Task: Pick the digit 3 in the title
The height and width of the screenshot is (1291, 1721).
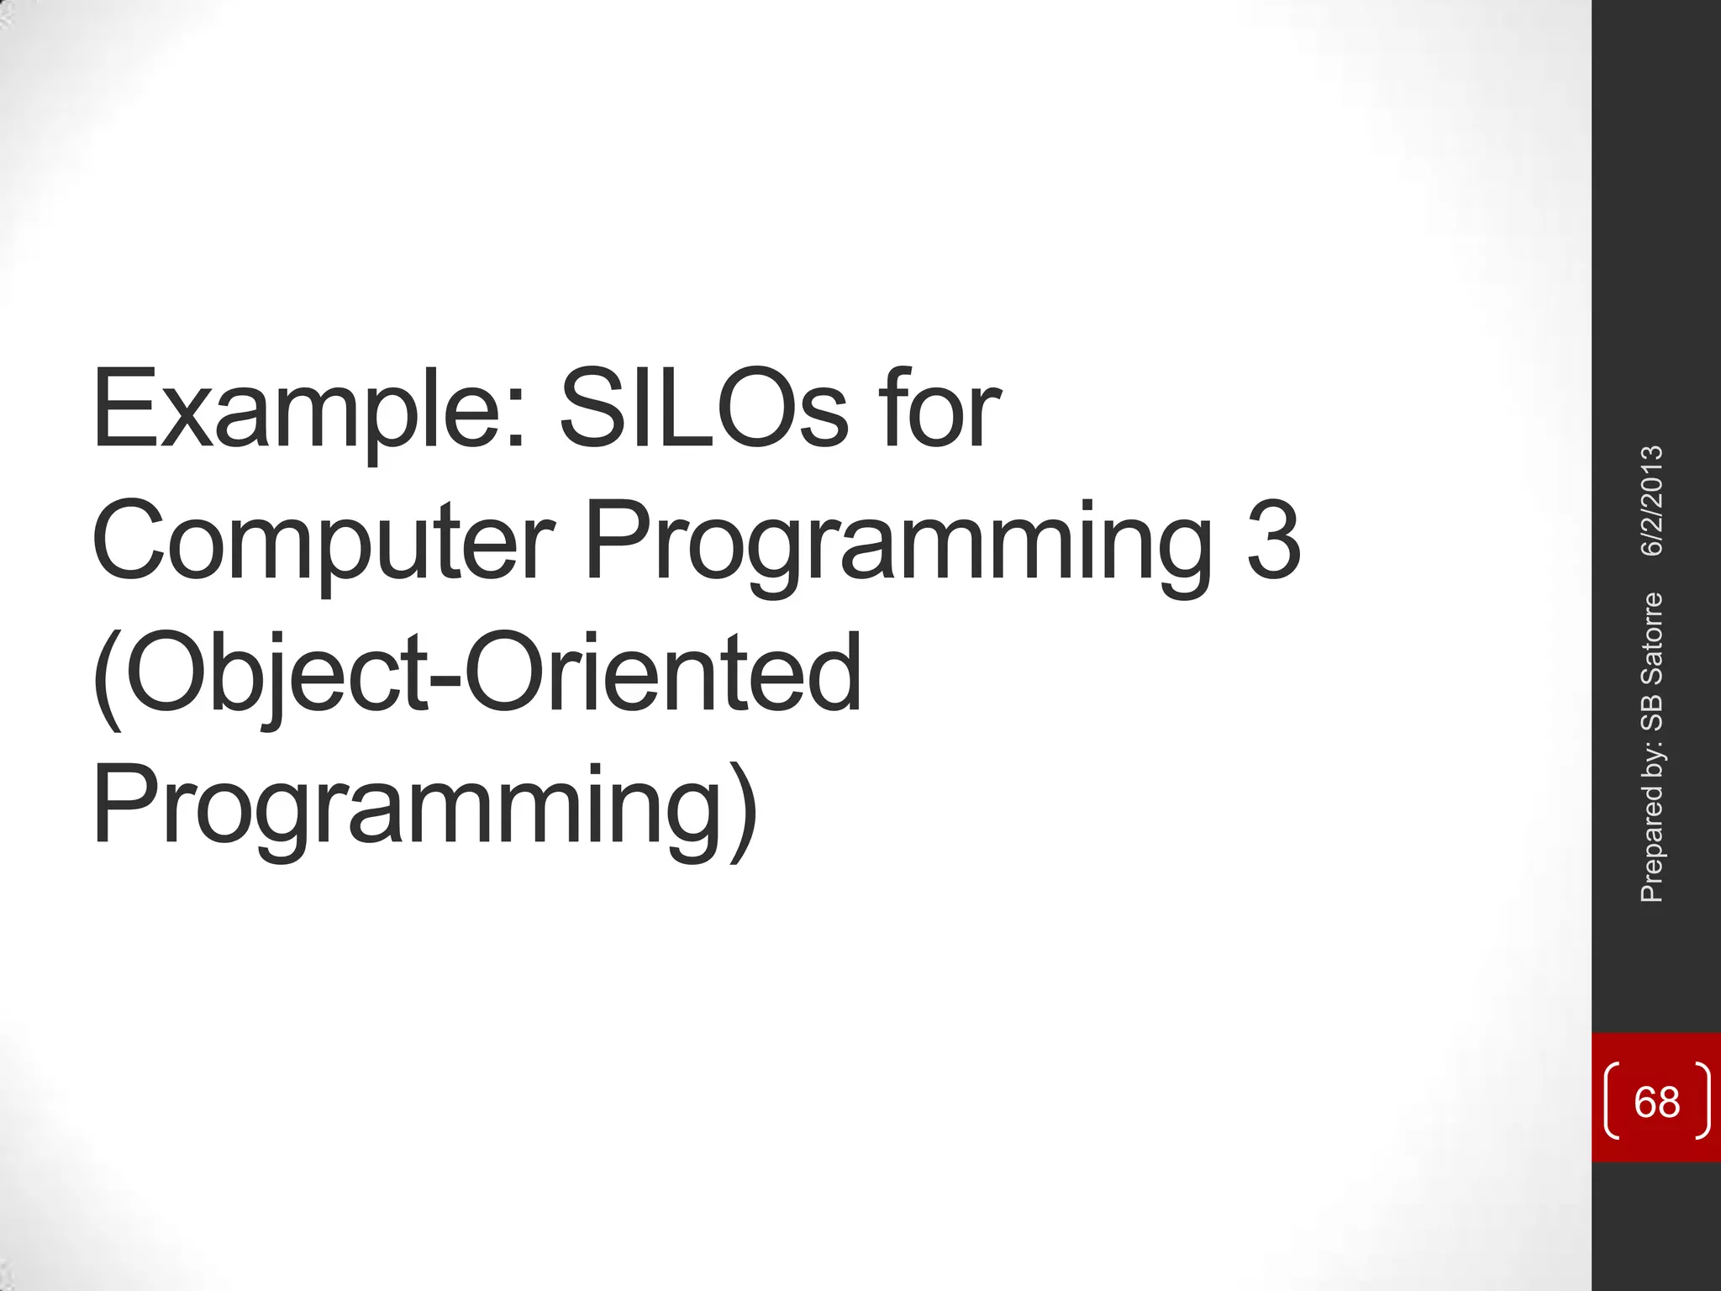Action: (x=1273, y=540)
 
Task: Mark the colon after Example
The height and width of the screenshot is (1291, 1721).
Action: (x=518, y=424)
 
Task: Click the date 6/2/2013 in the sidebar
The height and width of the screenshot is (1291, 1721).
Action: (x=1652, y=501)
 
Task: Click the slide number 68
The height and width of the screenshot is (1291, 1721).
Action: (x=1656, y=1101)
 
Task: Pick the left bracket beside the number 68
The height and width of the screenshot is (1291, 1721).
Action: (x=1612, y=1101)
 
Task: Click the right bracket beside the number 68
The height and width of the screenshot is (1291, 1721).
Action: (x=1703, y=1101)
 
